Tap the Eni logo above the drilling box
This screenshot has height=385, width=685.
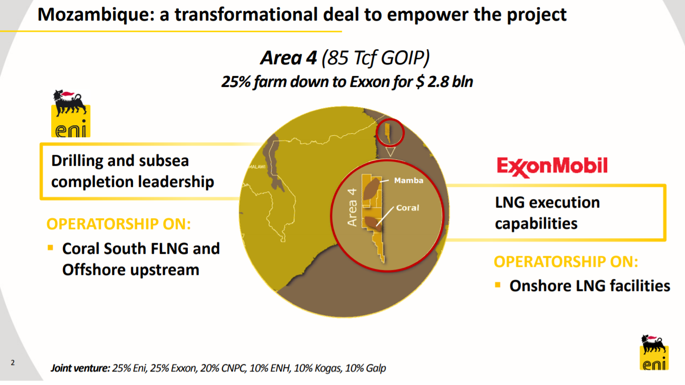pos(70,114)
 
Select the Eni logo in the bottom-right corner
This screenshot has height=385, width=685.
pos(654,352)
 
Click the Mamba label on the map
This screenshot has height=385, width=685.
pos(409,180)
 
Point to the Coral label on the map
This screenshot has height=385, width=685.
pos(407,208)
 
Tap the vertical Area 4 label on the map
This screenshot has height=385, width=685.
pos(353,206)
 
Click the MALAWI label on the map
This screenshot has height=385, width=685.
pos(257,166)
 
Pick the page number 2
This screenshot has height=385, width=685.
pos(13,362)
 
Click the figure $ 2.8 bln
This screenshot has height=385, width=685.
pos(444,81)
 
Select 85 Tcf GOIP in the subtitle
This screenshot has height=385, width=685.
pos(377,59)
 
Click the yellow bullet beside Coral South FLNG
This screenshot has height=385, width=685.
pos(50,248)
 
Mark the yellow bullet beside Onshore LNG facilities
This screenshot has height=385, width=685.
pos(498,285)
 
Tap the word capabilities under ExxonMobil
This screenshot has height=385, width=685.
pos(536,223)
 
